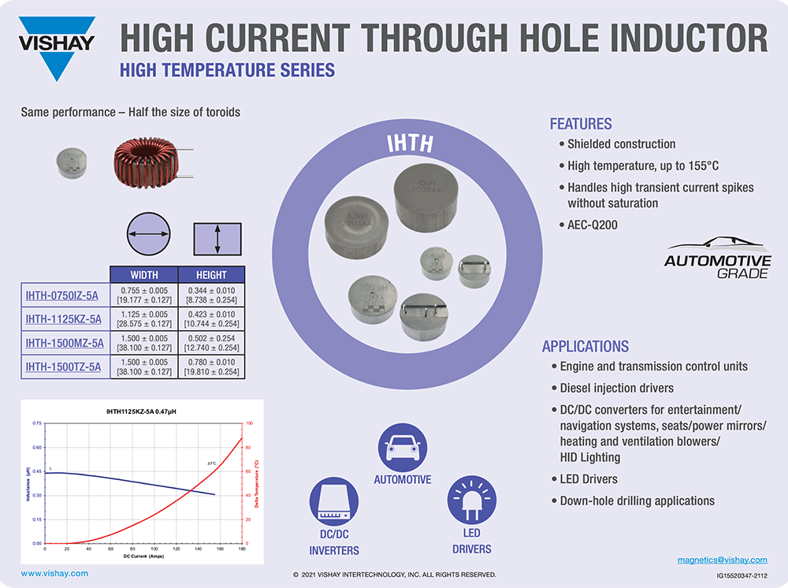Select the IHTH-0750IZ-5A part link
62,296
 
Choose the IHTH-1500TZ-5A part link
63,367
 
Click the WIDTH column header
143,275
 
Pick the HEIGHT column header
211,275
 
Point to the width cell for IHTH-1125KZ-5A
143,319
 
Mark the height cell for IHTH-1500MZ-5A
211,343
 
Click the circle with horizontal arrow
149,234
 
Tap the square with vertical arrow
217,237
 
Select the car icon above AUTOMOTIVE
402,447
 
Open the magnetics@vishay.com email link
722,560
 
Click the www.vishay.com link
54,574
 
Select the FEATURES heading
580,124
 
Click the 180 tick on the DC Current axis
241,549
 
